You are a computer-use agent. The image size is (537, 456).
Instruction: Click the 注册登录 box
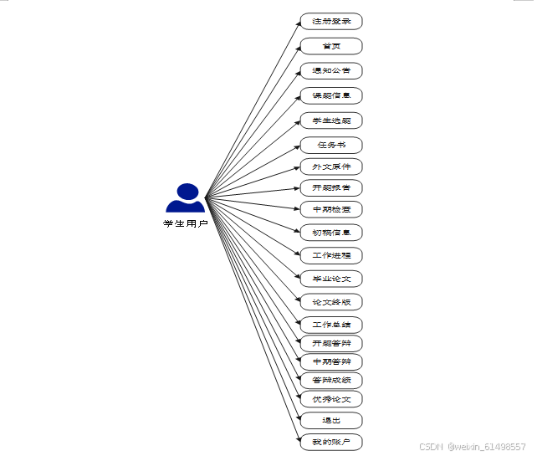(x=331, y=21)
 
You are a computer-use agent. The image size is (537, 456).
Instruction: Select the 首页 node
(x=331, y=46)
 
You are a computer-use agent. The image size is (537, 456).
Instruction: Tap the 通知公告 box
(x=331, y=70)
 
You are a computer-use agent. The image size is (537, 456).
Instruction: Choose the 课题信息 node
(x=331, y=95)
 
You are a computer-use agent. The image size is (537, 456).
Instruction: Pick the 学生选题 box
(x=331, y=120)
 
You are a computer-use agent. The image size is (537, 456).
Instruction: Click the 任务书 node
(x=331, y=145)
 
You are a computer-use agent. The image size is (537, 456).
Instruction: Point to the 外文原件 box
(x=331, y=167)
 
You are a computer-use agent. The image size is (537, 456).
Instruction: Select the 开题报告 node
(x=331, y=187)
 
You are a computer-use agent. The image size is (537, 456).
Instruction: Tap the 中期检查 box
(x=331, y=208)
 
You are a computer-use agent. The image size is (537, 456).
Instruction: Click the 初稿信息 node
(x=331, y=232)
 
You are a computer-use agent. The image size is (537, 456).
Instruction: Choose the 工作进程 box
(x=331, y=255)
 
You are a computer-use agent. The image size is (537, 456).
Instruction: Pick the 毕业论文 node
(x=331, y=279)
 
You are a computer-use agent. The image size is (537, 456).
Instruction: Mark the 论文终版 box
(x=331, y=301)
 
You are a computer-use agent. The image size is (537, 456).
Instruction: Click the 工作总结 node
(x=331, y=325)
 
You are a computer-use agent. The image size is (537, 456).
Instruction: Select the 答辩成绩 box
(x=331, y=380)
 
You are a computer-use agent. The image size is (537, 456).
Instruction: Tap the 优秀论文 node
(x=331, y=399)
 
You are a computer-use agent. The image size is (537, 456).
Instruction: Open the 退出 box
(x=331, y=420)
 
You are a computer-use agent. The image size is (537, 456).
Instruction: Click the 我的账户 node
(x=331, y=441)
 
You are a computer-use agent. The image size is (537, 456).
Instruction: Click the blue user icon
(x=186, y=198)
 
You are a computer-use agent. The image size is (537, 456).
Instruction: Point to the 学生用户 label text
(x=186, y=223)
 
